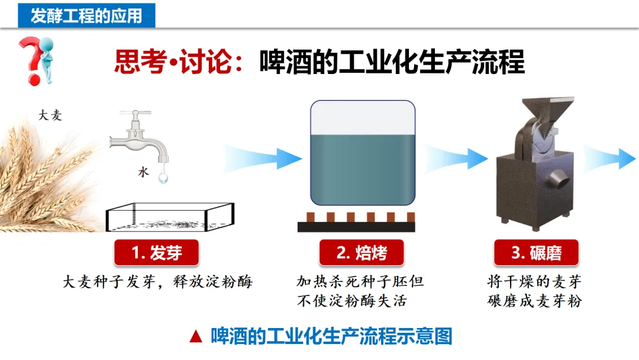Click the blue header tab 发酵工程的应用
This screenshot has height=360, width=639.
coord(86,15)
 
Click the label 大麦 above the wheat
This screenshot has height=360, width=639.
coord(50,116)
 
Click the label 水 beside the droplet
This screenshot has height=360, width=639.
coord(143,172)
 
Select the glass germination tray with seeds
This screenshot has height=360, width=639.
coord(169,217)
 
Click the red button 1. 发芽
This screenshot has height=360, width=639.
coord(157,253)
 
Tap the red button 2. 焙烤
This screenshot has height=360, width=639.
coord(362,253)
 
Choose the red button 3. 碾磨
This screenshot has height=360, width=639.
coord(536,253)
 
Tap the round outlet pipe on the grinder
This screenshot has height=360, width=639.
coord(558,179)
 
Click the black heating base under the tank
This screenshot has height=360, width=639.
coord(356,226)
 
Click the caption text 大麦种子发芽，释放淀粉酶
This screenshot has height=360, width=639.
coord(157,282)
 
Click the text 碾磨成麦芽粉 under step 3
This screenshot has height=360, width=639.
coord(535,301)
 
